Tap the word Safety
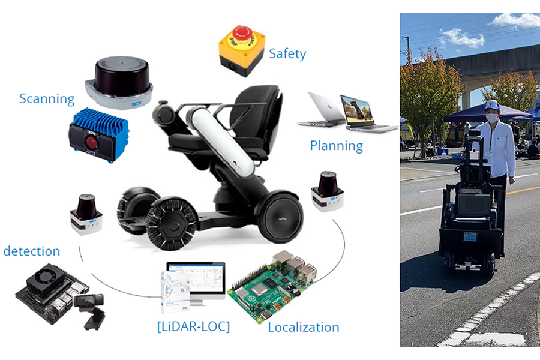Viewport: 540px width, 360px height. (x=287, y=53)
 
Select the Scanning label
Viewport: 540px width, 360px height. (x=47, y=98)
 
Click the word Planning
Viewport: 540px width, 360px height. (x=336, y=145)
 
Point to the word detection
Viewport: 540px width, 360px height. (x=32, y=251)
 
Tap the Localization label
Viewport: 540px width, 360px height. (x=303, y=327)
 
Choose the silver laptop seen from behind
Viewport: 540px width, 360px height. (x=321, y=111)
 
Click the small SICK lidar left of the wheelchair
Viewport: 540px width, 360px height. (x=86, y=214)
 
